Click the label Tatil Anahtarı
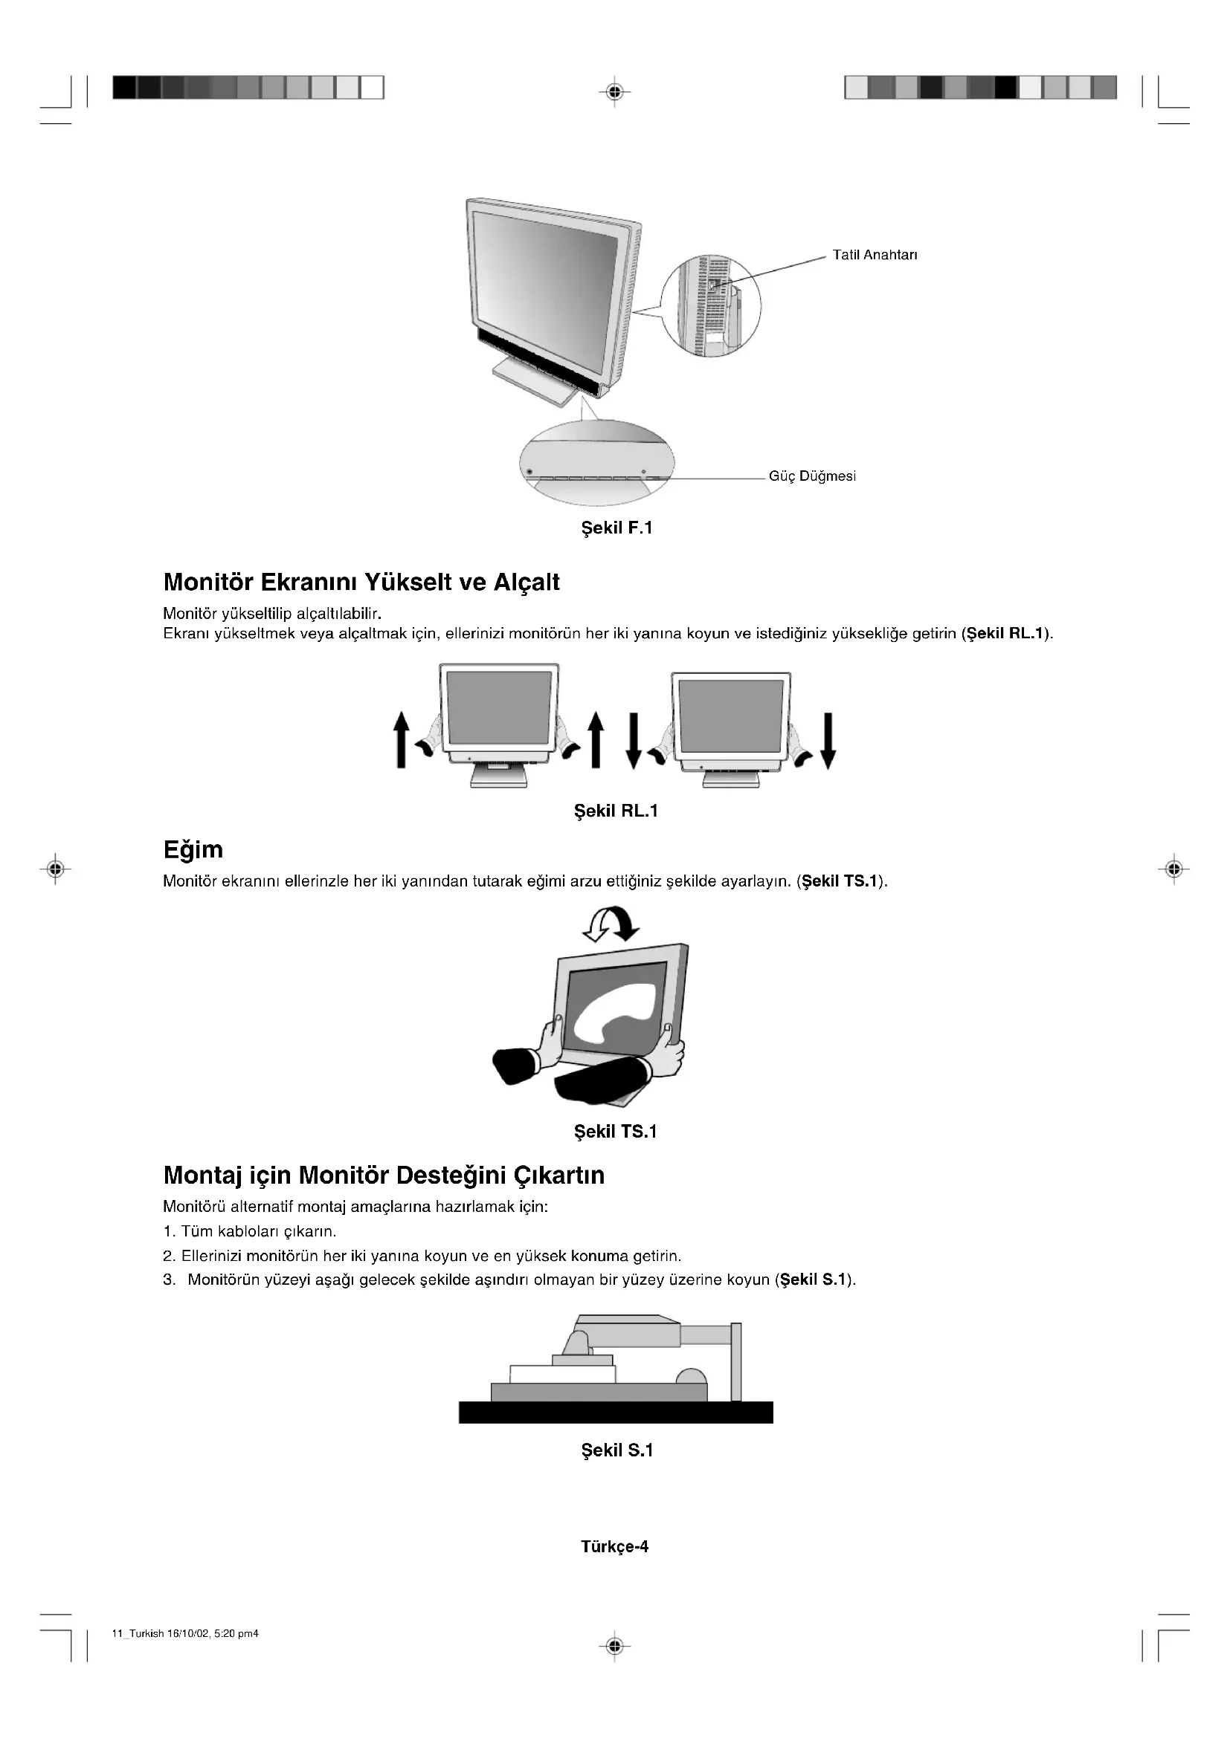coord(874,255)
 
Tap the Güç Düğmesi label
coord(812,476)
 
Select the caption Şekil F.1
coord(616,528)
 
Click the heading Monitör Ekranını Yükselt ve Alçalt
coord(361,582)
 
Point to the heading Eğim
coord(193,849)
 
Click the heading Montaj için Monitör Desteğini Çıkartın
coord(384,1175)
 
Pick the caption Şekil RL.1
coord(616,811)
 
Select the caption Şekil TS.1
coord(616,1132)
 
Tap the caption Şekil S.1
coord(616,1450)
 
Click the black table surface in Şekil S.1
coord(616,1412)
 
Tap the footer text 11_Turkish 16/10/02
coord(185,1633)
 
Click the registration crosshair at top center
coord(615,92)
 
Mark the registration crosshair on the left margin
coord(54,869)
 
